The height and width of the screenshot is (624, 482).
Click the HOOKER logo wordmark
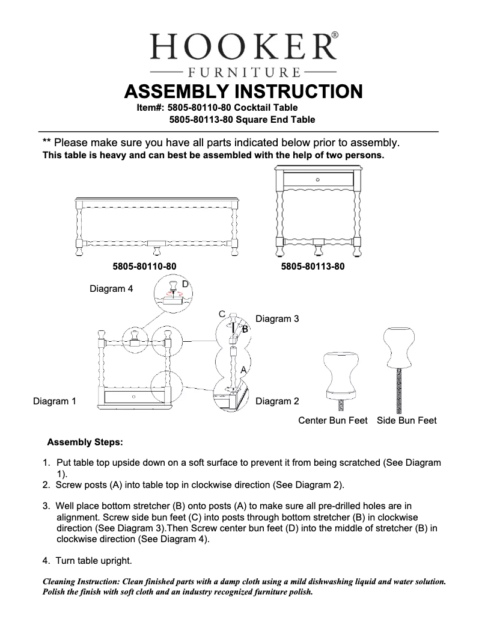click(x=243, y=46)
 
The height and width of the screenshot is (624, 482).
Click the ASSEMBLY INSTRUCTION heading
click(x=243, y=91)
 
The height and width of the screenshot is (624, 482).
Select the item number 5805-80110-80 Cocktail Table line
click(x=217, y=108)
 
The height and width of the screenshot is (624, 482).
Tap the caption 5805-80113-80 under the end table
click(x=313, y=266)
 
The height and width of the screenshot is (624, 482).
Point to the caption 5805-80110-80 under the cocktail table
click(x=144, y=266)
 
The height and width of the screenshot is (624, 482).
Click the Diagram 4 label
click(x=111, y=289)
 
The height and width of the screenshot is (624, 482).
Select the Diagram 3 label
click(x=277, y=319)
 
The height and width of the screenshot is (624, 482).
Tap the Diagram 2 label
click(x=277, y=401)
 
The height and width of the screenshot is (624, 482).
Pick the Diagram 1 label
click(x=54, y=401)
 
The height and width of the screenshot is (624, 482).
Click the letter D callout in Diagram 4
click(x=185, y=283)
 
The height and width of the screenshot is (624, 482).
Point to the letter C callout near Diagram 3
click(x=222, y=315)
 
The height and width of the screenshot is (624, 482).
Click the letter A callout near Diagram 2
click(x=243, y=369)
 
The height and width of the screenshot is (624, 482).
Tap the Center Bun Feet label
click(x=332, y=421)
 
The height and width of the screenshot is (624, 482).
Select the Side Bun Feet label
click(x=406, y=421)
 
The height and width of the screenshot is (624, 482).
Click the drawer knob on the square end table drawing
click(x=318, y=179)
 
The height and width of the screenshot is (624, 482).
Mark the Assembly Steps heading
click(x=85, y=442)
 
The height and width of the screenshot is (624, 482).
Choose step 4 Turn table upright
click(x=87, y=560)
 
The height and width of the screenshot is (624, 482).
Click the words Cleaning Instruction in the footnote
click(x=81, y=582)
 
